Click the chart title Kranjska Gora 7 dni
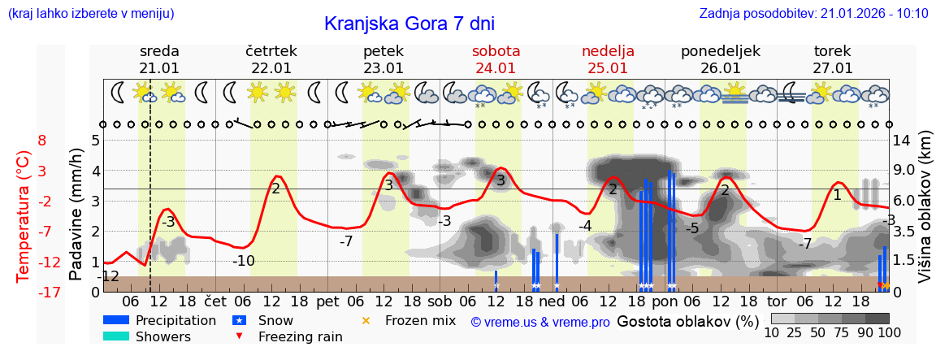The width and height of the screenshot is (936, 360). coord(409,24)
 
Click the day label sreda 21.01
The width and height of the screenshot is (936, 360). coord(159,59)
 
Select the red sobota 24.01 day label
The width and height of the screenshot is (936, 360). coord(496,59)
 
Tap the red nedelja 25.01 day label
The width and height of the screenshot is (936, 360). coord(608,59)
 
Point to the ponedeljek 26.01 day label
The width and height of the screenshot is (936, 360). coord(721,59)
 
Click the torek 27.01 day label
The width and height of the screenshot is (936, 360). coord(833,59)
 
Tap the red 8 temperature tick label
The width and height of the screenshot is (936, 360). coord(41,140)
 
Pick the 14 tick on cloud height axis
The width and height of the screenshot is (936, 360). coord(902,140)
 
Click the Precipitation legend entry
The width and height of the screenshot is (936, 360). coord(175,320)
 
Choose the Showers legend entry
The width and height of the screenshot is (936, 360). coord(162,336)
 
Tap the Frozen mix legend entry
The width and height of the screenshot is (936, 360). coord(420,320)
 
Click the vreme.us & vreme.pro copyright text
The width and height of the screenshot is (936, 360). coord(540,322)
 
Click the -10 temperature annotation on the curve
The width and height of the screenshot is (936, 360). coord(244,261)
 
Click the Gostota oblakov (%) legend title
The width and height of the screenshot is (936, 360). coord(688,321)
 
